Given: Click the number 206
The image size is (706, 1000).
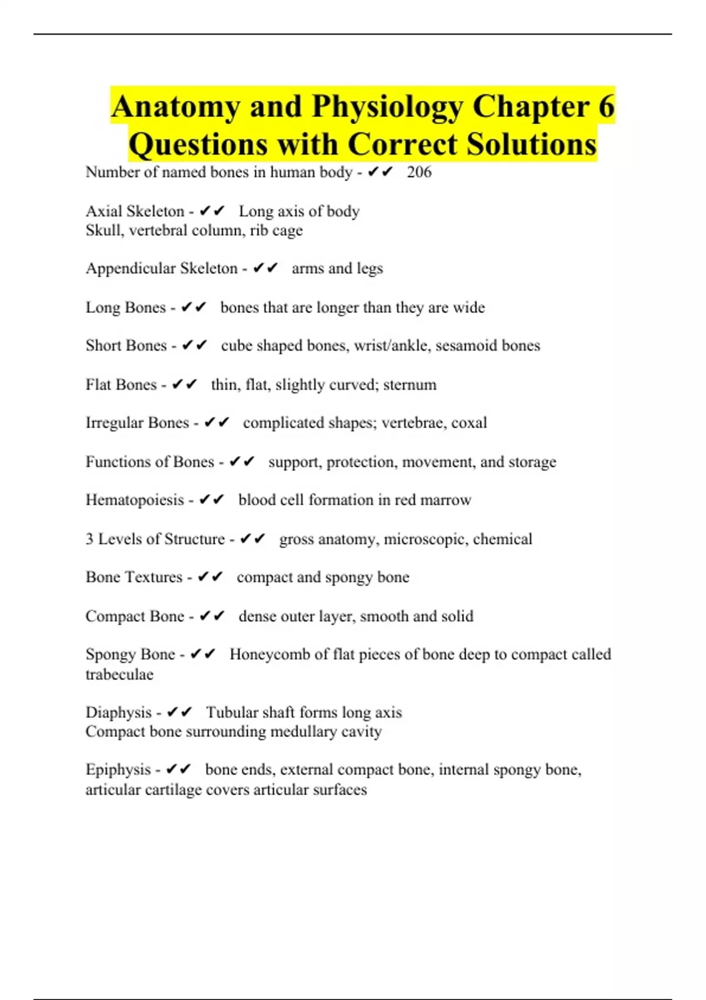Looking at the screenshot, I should (419, 172).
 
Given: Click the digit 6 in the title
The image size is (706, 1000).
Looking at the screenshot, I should (606, 107).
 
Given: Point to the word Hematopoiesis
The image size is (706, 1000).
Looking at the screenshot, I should (135, 500).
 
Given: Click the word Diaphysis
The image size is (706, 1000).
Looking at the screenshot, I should (118, 712).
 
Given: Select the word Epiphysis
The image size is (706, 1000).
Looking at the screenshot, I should (118, 769).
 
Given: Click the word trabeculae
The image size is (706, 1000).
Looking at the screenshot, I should (119, 674).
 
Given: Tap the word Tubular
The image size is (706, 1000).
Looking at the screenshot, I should (231, 712).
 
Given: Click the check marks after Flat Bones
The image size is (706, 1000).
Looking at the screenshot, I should (184, 385).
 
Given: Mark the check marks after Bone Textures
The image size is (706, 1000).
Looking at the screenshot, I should (210, 577).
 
